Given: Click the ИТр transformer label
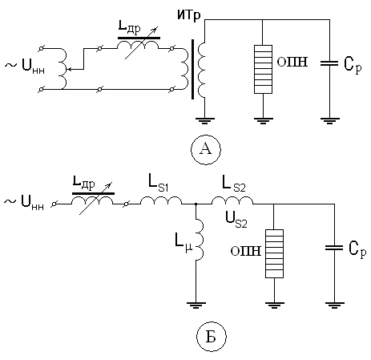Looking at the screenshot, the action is coord(189,15).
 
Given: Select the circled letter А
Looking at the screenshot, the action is coord(206,149).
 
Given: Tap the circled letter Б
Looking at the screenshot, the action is coord(211,337).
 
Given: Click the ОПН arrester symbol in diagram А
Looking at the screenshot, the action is coord(263,69).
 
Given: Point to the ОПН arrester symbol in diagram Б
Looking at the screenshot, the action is coord(274,253).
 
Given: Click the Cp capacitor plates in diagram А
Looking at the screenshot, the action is coord(329,63).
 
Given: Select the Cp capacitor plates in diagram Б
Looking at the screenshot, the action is coord(334,248).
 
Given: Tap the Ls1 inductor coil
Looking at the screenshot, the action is coord(161,200).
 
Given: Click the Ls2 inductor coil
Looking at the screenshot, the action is coord(232,200).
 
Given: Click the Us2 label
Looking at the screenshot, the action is coord(236,220).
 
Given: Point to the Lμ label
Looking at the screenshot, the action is coord(183,243).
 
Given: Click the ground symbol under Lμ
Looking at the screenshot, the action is coord(196,305).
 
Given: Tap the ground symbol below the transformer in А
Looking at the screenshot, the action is coord(204,121).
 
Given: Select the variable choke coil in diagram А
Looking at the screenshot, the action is coord(138,45).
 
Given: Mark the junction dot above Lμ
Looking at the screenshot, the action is coord(196,204).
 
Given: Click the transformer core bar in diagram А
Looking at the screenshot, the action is coord(192,69).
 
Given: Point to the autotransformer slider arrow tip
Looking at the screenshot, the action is coord(67,69).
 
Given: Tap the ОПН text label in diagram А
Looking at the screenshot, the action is coord(292,62).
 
